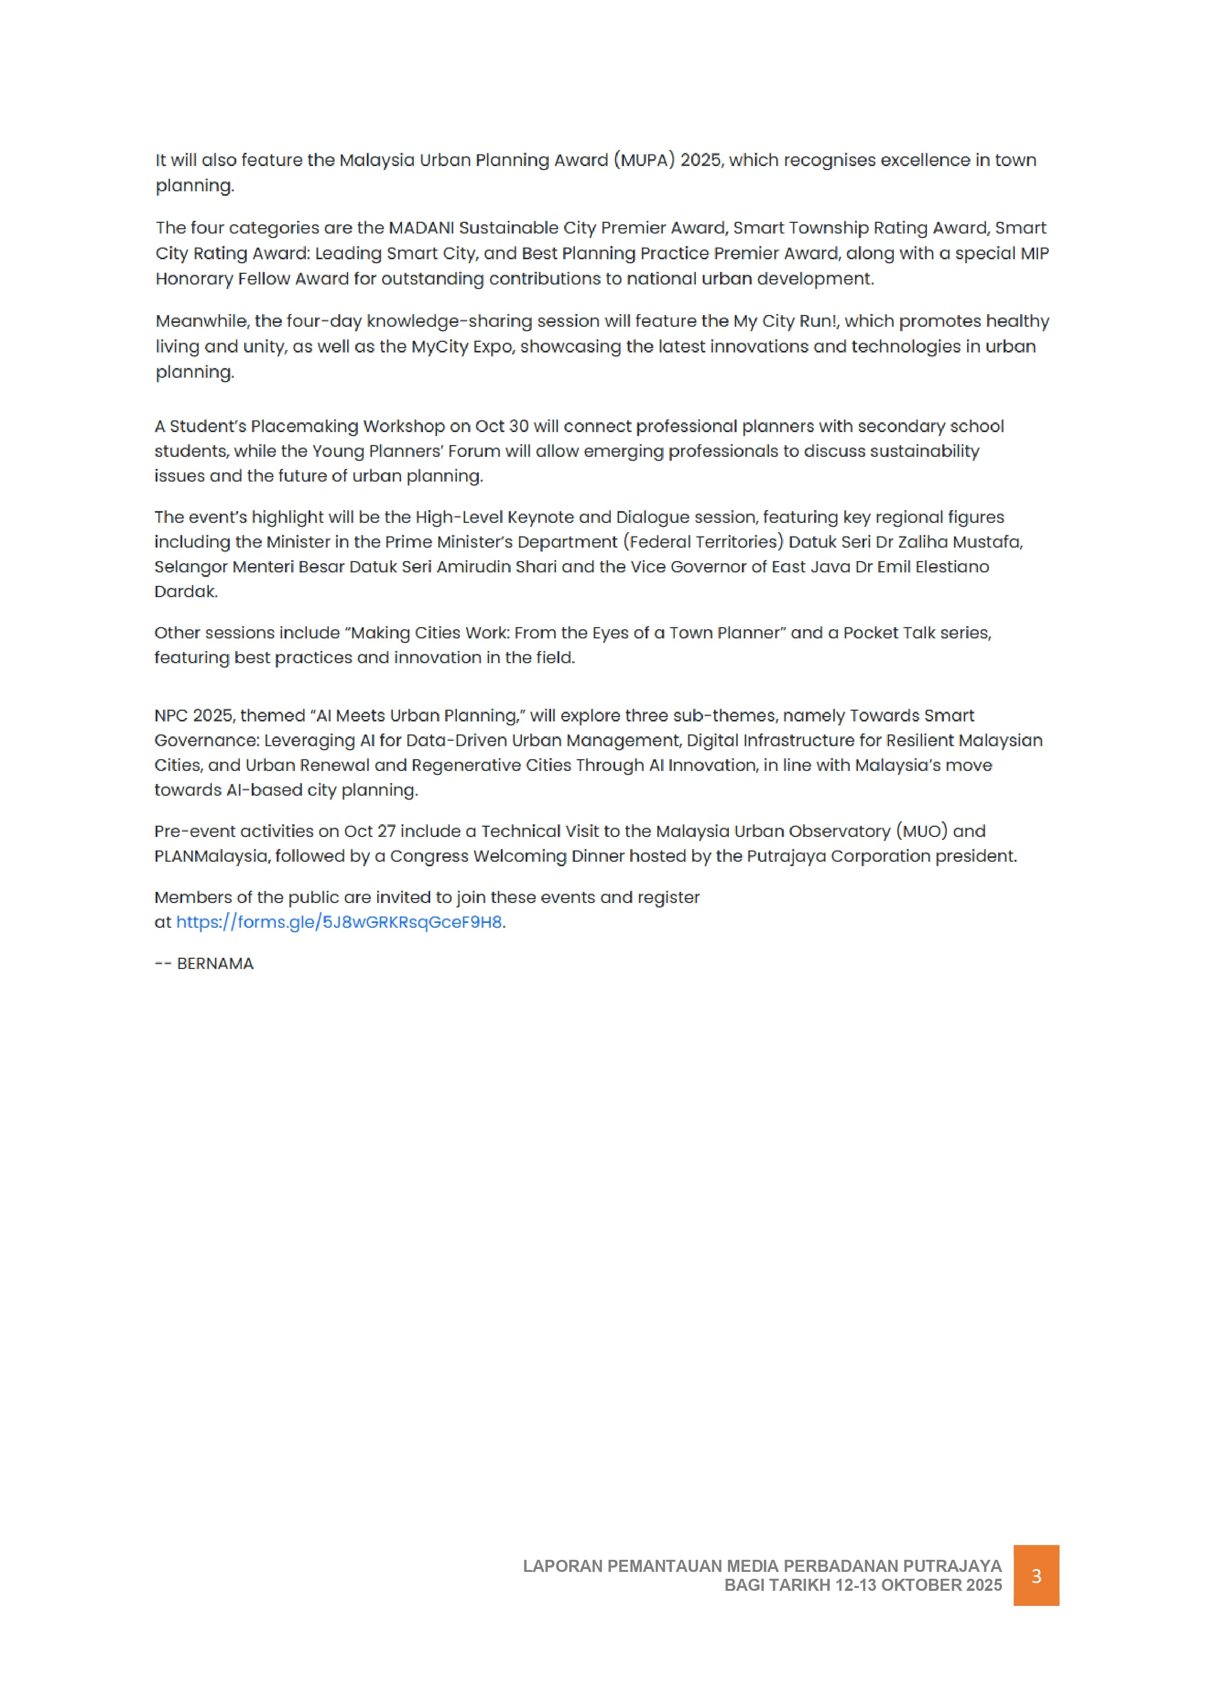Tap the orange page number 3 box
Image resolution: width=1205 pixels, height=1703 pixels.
(x=1036, y=1575)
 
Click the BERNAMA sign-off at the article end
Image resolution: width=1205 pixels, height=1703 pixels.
(x=215, y=964)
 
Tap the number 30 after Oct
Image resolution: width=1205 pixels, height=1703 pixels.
(x=518, y=427)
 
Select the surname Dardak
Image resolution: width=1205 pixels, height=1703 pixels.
(x=185, y=592)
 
